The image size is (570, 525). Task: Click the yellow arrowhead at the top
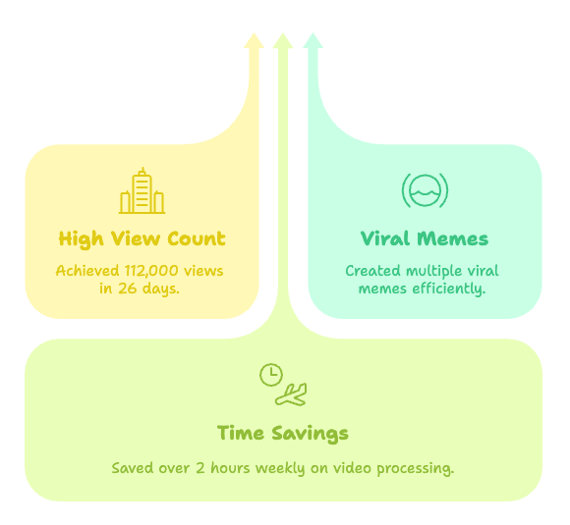click(x=254, y=40)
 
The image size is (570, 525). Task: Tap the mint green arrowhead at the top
click(x=313, y=40)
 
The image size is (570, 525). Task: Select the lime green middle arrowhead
click(x=283, y=40)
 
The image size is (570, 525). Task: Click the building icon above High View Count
click(x=142, y=190)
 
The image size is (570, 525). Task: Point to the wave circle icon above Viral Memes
click(x=425, y=190)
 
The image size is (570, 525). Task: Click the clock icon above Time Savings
click(x=271, y=375)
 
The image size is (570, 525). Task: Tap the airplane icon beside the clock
click(x=291, y=394)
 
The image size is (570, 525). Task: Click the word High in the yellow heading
click(x=81, y=239)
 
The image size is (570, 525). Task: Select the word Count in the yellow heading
click(x=197, y=238)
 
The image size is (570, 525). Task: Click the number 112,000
click(x=151, y=271)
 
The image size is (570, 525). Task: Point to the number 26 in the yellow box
click(x=127, y=289)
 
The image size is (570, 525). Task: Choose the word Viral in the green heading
click(x=385, y=238)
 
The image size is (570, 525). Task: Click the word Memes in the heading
click(x=453, y=238)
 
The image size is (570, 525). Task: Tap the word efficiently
click(x=449, y=289)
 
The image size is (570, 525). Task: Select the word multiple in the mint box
click(x=434, y=272)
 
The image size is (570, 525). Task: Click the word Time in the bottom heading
click(x=241, y=433)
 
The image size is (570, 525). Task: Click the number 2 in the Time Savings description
click(x=200, y=468)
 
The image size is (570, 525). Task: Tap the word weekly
click(x=280, y=469)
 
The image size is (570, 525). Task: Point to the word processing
click(x=416, y=469)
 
